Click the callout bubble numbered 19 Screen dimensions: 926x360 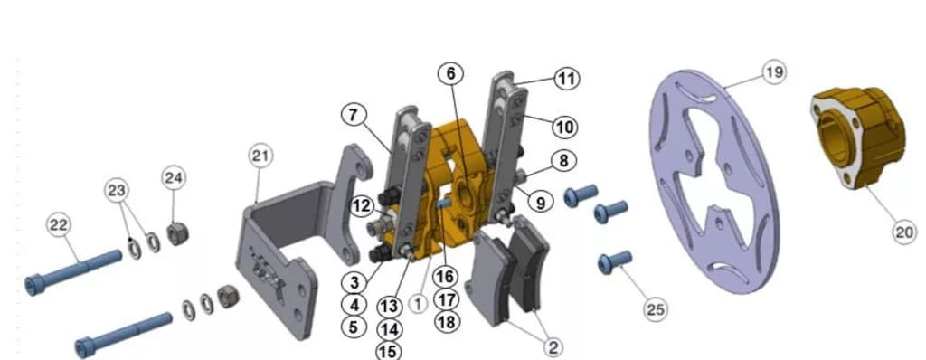coord(774,72)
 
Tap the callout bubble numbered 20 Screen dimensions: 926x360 coord(904,232)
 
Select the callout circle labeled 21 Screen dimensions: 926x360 coord(260,156)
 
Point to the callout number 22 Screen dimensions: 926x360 coord(59,225)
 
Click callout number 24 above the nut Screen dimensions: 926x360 coord(174,178)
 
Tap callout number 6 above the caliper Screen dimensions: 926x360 coord(450,73)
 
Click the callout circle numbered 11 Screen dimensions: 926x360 coord(566,79)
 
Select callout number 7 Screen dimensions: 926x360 coord(354,115)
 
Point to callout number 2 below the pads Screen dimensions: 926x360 coord(553,347)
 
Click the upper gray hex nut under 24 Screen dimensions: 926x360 coord(177,233)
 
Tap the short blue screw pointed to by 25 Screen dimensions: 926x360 coord(615,262)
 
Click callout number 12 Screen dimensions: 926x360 coord(362,206)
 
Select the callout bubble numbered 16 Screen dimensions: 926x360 coord(445,276)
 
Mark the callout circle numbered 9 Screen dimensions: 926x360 coord(541,203)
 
